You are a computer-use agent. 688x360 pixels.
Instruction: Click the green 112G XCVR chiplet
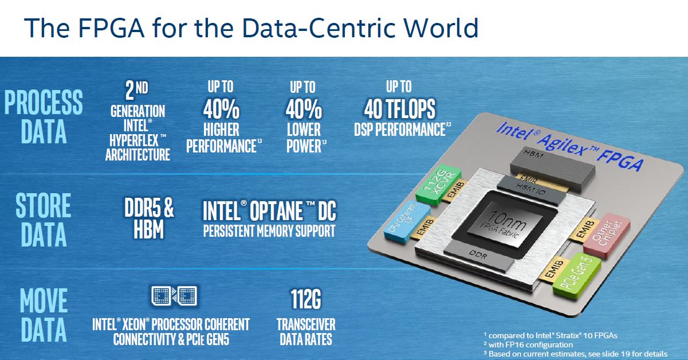pyautogui.click(x=438, y=185)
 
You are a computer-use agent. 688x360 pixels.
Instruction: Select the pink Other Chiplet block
pyautogui.click(x=607, y=236)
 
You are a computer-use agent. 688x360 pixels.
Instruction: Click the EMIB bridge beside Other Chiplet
pyautogui.click(x=583, y=230)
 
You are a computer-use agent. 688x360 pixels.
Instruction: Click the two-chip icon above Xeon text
pyautogui.click(x=174, y=296)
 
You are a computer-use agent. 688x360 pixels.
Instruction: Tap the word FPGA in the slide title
pyautogui.click(x=111, y=28)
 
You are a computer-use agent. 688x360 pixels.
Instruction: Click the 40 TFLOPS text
pyautogui.click(x=400, y=109)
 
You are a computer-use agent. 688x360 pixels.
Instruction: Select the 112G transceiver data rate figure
pyautogui.click(x=306, y=299)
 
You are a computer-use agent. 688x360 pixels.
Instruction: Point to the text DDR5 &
pyautogui.click(x=149, y=208)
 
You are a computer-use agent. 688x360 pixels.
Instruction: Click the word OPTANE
pyautogui.click(x=276, y=211)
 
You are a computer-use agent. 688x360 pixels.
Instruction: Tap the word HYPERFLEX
pyautogui.click(x=134, y=140)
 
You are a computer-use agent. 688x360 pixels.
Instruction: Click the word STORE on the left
pyautogui.click(x=44, y=205)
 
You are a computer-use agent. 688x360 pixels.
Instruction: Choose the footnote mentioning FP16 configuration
pyautogui.click(x=528, y=345)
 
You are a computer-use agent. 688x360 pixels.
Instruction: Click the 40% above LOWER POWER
pyautogui.click(x=304, y=109)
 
